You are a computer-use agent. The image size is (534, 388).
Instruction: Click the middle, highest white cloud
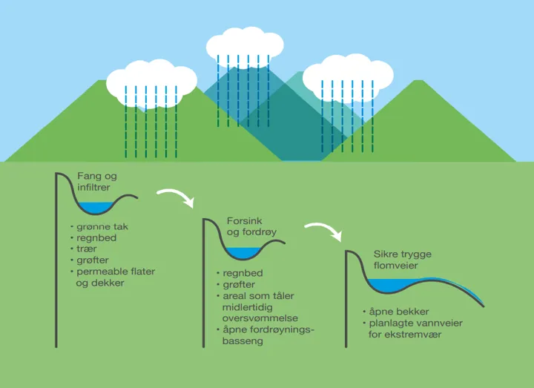[x=245, y=45]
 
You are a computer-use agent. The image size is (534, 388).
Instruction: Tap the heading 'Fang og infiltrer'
[x=97, y=182]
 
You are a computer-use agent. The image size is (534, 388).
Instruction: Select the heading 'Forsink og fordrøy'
[x=251, y=227]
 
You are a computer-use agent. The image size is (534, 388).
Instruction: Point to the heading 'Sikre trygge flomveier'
[x=401, y=260]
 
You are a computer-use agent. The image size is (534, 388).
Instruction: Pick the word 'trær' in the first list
[x=87, y=249]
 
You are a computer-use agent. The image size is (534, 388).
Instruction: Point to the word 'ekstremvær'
[x=419, y=335]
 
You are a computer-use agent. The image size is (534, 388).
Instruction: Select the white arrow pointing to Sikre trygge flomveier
[x=324, y=229]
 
